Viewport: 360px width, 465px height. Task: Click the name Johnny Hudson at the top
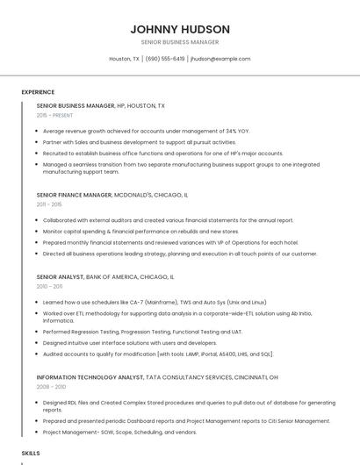[x=179, y=28]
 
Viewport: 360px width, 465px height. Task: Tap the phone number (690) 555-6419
[x=165, y=59]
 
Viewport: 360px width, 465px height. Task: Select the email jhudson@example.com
[x=220, y=59]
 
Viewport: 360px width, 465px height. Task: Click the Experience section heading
[x=38, y=92]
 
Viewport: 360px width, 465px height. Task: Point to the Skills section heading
[x=31, y=453]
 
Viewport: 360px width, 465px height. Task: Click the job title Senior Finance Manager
[x=75, y=195]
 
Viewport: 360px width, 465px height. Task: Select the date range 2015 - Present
[x=54, y=115]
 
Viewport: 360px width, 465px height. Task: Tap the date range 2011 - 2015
[x=49, y=204]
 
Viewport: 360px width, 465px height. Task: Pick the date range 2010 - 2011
[x=49, y=286]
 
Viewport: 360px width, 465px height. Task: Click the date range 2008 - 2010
[x=51, y=386]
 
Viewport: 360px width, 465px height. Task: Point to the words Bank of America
[x=112, y=276]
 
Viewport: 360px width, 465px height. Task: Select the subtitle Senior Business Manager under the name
[x=179, y=41]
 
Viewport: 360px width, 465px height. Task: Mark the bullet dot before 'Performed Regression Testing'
[x=37, y=333]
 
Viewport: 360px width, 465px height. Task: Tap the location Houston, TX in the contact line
[x=124, y=59]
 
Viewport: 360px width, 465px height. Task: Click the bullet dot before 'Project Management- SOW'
[x=37, y=432]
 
